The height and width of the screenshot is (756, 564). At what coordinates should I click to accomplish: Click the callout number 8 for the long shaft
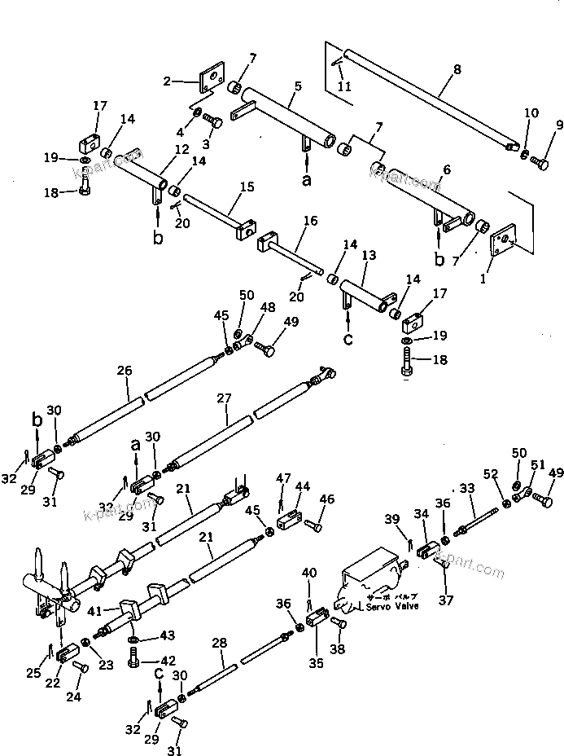tap(457, 70)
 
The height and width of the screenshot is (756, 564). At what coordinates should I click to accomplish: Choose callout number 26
tap(124, 371)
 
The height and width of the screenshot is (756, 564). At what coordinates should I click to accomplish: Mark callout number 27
tap(224, 398)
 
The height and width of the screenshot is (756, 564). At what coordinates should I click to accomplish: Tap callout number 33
tap(466, 489)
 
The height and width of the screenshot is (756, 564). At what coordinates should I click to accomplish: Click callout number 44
tap(303, 487)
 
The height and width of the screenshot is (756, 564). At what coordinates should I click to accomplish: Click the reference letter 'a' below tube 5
tap(306, 181)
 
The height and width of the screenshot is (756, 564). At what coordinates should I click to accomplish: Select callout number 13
tap(368, 256)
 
